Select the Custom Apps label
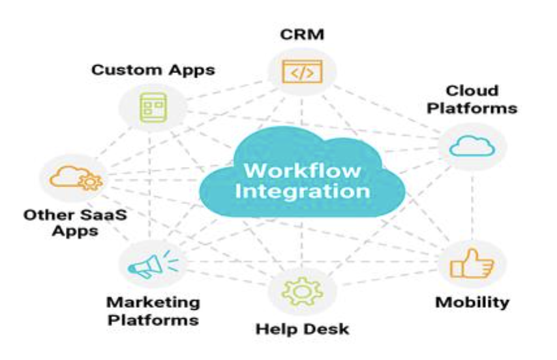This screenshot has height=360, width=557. [x=153, y=69]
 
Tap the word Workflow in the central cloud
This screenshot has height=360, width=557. [x=301, y=171]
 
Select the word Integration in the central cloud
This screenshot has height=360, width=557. [x=302, y=192]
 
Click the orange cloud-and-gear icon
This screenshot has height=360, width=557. [x=70, y=177]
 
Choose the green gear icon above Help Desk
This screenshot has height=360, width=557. [x=301, y=291]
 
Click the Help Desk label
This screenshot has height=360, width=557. [x=301, y=328]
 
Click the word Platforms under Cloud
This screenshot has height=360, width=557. [x=472, y=108]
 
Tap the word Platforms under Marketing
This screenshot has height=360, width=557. [x=153, y=320]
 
